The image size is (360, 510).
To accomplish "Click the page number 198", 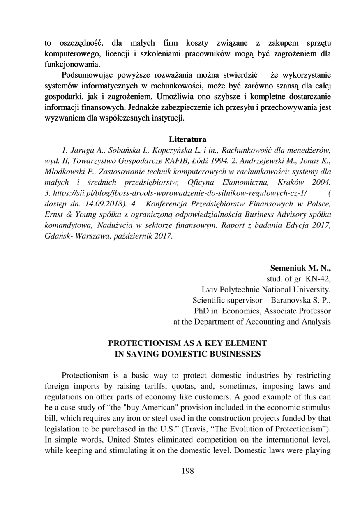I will (187, 471).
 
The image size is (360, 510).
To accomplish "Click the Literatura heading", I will (187, 139).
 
